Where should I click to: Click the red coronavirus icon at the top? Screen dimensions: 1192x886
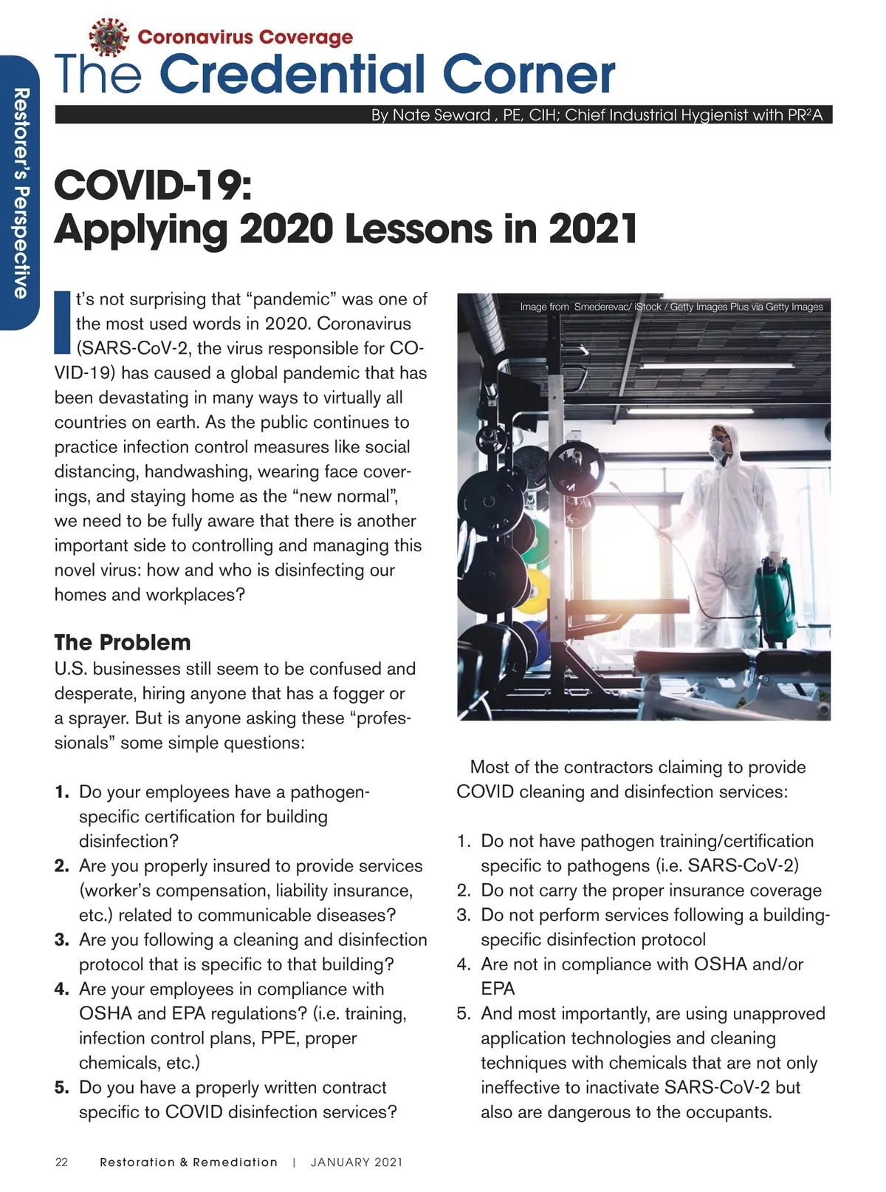(x=109, y=38)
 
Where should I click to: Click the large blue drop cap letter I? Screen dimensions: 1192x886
(x=63, y=323)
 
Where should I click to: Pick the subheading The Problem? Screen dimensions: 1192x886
(x=123, y=642)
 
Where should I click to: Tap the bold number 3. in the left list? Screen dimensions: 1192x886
(x=62, y=940)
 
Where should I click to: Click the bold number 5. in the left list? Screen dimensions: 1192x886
(x=62, y=1088)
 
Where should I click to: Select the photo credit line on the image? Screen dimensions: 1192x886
(x=671, y=307)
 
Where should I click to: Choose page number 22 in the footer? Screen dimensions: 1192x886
(x=62, y=1162)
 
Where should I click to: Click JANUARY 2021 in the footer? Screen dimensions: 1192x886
(x=357, y=1162)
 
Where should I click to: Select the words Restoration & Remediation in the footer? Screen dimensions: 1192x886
(x=189, y=1162)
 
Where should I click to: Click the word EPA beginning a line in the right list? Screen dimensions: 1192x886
(x=498, y=989)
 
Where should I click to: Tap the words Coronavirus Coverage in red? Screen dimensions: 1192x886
(x=245, y=37)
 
